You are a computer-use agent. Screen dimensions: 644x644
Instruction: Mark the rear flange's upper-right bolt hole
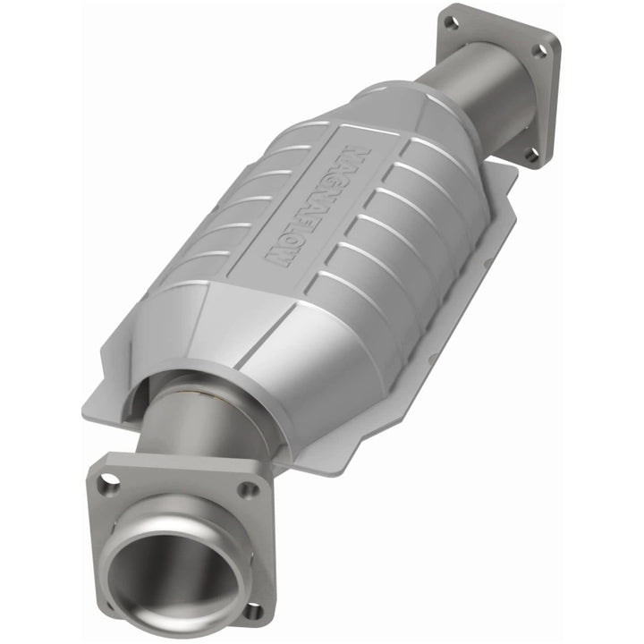click(539, 51)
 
